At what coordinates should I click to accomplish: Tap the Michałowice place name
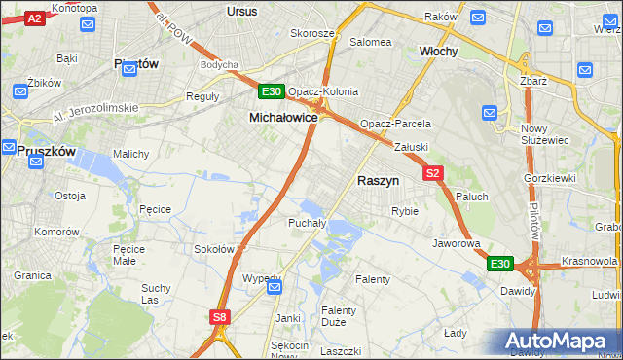tap(283, 117)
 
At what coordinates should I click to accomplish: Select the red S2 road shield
tap(434, 173)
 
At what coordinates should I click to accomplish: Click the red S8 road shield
tap(220, 316)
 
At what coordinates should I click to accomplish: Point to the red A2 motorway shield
tap(34, 18)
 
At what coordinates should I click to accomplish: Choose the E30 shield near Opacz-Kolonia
tap(272, 92)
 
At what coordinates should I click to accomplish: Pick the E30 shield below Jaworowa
tap(499, 264)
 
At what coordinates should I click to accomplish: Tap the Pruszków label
tap(46, 151)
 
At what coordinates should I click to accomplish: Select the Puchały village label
tap(308, 223)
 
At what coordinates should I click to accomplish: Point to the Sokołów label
tap(213, 249)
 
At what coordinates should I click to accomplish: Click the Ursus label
tap(240, 12)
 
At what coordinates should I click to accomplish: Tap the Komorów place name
tap(55, 233)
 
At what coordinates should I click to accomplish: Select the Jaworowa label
tap(457, 243)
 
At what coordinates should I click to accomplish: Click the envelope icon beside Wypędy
tap(275, 286)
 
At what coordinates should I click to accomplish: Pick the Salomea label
tap(370, 42)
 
